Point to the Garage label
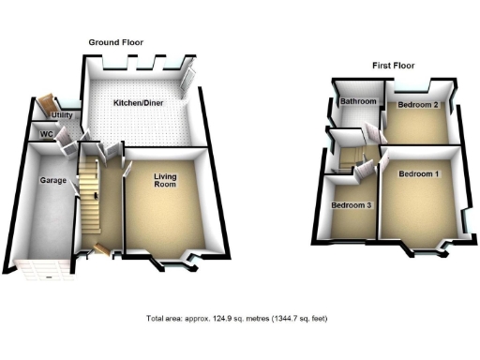(52, 179)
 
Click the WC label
(45, 135)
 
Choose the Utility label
(49, 115)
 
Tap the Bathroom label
(357, 102)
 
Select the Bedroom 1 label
(418, 175)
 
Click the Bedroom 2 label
(418, 105)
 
